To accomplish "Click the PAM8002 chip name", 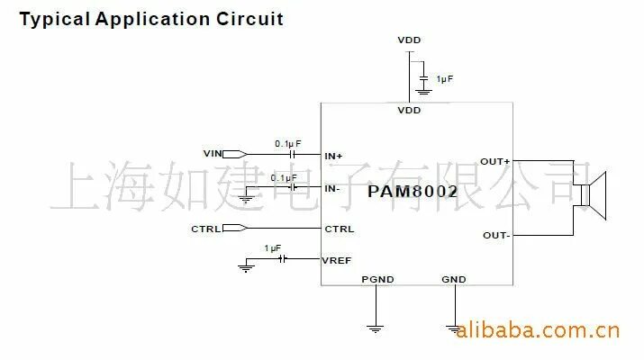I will click(413, 192).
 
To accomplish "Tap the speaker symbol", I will click(594, 195).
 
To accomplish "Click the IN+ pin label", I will click(334, 156).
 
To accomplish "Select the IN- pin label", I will click(332, 188).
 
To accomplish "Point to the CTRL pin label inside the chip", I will click(340, 229).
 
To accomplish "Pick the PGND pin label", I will click(377, 279).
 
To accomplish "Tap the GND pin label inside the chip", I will click(454, 279).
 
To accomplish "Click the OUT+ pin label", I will click(495, 162).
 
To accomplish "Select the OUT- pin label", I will click(496, 236).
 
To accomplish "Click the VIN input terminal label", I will click(213, 154).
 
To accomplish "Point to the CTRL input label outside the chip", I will click(205, 229).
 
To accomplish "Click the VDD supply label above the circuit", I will click(409, 40).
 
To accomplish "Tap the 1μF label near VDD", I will click(445, 79).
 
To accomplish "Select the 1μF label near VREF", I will click(273, 247).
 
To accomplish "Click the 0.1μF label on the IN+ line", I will click(288, 143).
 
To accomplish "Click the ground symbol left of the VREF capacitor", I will click(245, 266).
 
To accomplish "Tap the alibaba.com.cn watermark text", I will click(538, 331).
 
